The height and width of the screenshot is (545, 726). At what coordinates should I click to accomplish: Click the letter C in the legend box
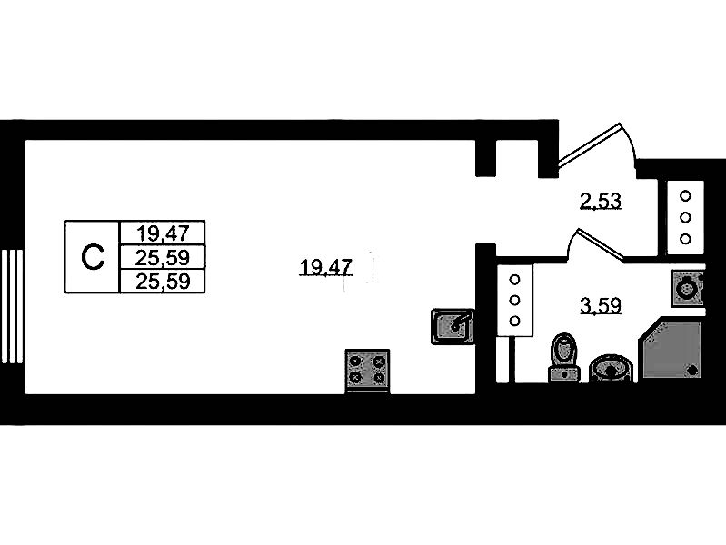point(92,257)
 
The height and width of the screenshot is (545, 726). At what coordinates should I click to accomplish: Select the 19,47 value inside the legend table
point(163,233)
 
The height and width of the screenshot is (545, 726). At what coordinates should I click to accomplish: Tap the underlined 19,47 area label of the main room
point(326,268)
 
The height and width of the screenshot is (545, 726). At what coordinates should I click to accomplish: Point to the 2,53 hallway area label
point(601,202)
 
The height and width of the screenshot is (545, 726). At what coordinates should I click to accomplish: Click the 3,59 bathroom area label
point(601,305)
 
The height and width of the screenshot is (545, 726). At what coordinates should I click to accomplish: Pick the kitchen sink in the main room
point(453,326)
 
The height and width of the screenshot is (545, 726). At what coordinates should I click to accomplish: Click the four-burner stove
point(368,372)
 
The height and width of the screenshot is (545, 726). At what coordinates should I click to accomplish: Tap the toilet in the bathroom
point(564,358)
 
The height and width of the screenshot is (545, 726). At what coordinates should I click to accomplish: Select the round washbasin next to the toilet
point(611,369)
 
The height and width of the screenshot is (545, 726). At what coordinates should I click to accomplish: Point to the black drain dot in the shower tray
point(692,370)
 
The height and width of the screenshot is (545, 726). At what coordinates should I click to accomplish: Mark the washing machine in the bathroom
point(688,289)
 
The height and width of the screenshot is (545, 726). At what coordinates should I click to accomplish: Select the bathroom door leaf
point(600,243)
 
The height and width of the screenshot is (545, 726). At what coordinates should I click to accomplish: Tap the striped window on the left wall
point(13,306)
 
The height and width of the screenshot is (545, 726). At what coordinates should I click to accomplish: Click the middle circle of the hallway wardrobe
point(685,217)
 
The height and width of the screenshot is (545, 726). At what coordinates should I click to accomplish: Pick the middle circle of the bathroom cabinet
point(514,300)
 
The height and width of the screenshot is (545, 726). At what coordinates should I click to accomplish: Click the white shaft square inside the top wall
point(517,158)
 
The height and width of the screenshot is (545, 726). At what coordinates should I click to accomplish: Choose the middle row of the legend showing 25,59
point(163,257)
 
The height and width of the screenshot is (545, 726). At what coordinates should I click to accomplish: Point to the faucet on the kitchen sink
point(462,321)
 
